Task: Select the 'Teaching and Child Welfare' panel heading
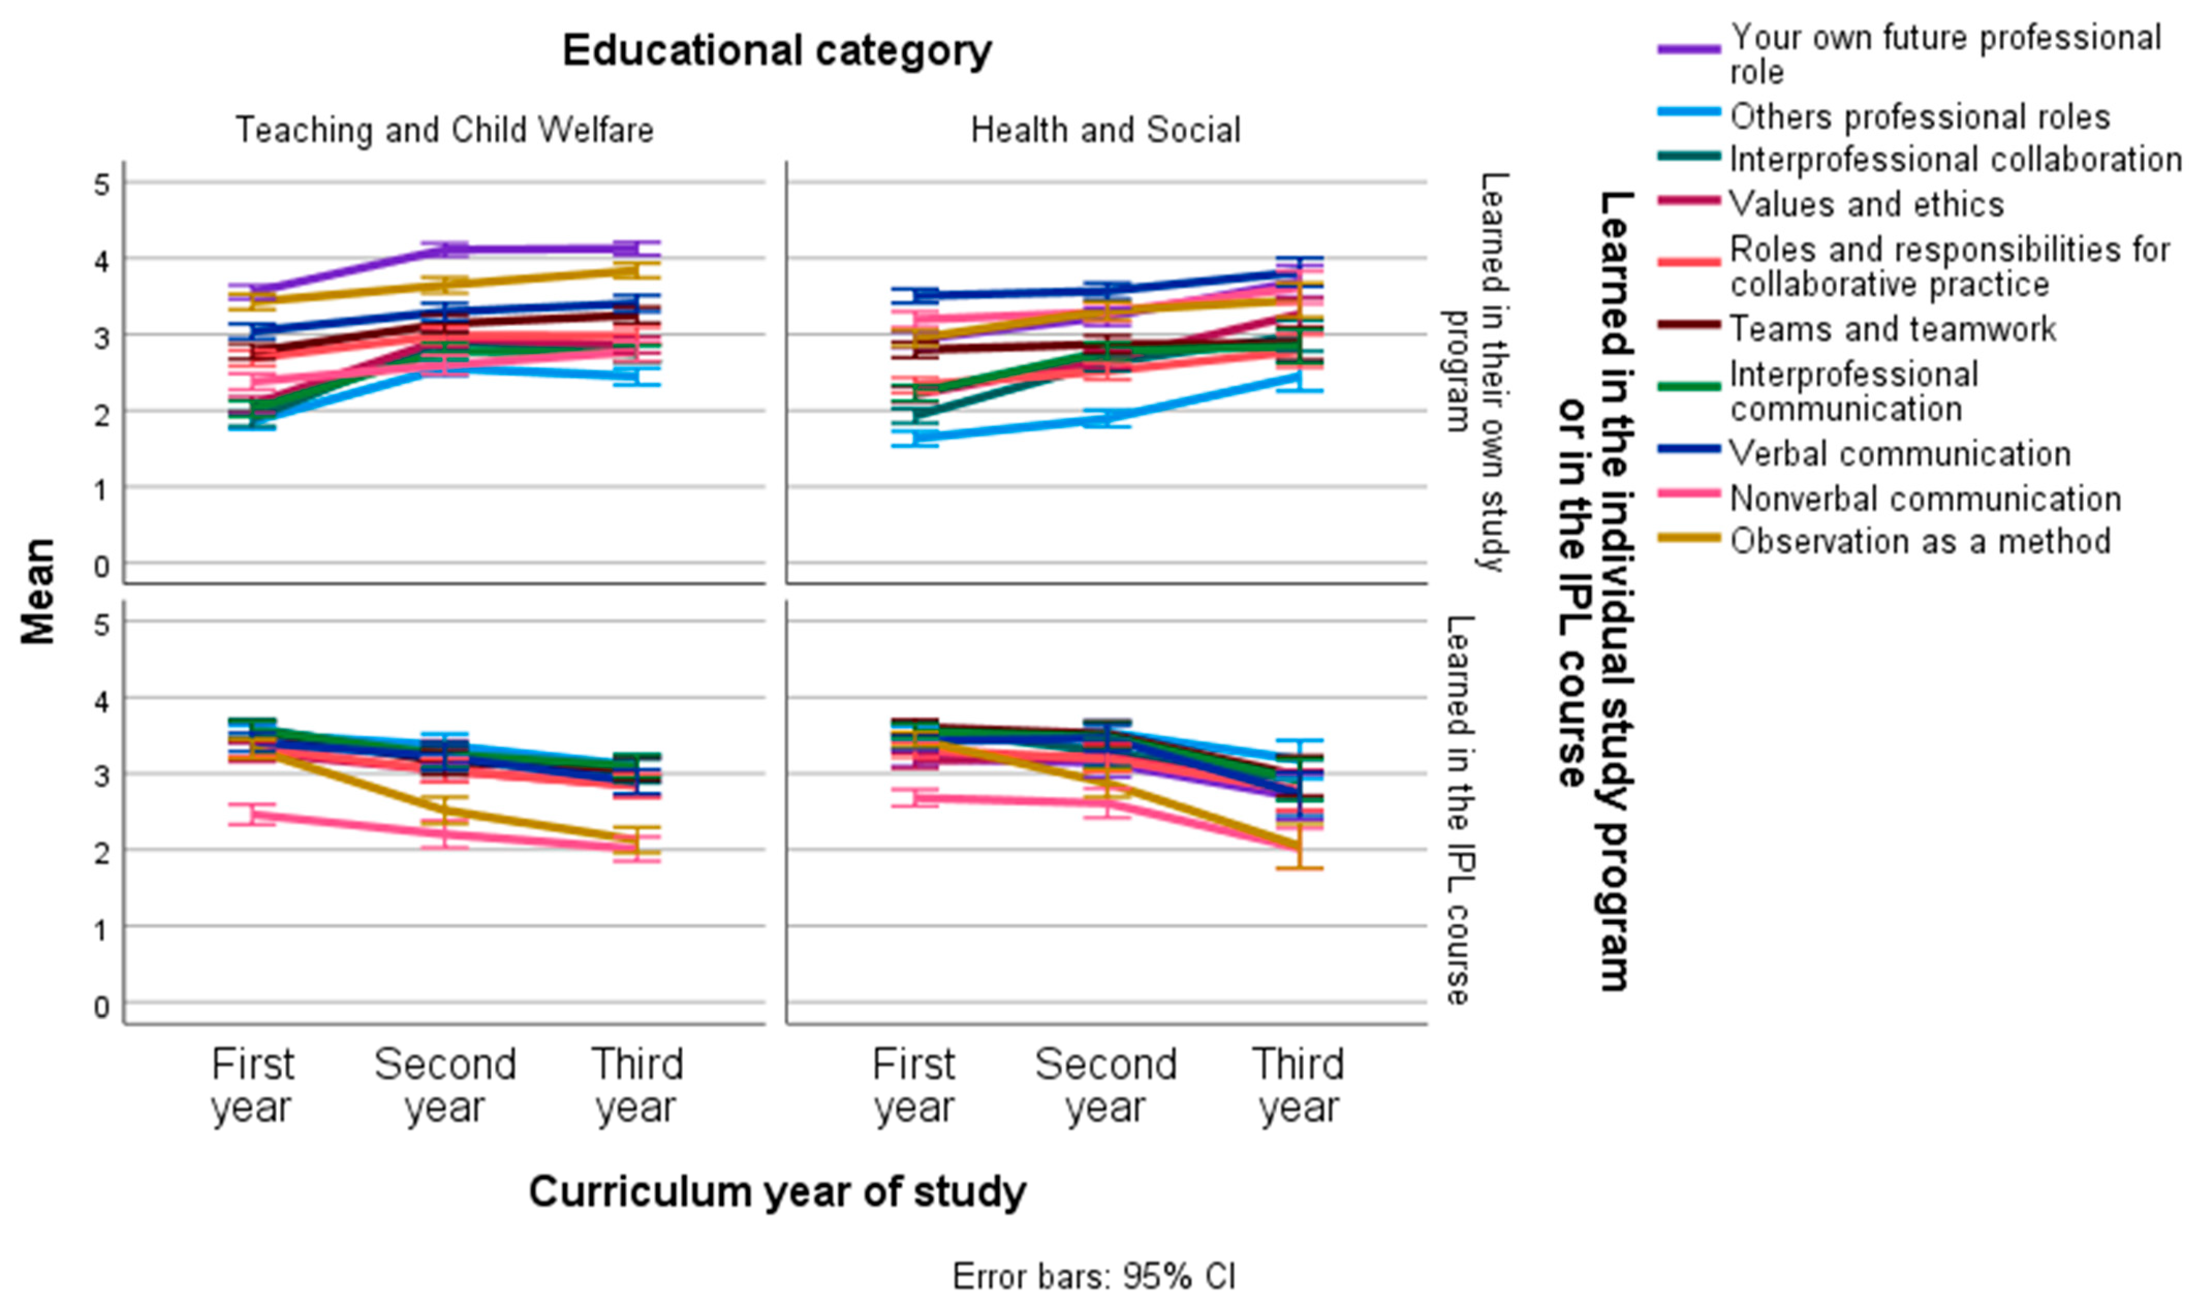pos(444,130)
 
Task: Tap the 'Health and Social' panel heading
pos(1105,130)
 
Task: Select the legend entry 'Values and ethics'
pos(1865,204)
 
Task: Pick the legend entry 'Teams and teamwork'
pos(1892,329)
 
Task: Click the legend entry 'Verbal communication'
pos(1900,454)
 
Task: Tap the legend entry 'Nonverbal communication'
pos(1924,499)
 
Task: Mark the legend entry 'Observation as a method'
pos(1919,541)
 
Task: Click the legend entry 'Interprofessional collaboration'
pos(1954,159)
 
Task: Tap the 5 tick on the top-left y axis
pos(102,185)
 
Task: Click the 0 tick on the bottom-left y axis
pos(102,1006)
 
